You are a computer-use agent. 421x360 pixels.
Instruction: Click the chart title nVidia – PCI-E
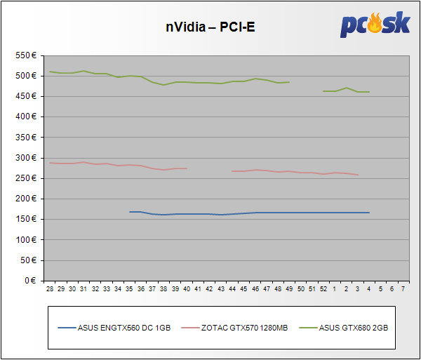pyautogui.click(x=210, y=27)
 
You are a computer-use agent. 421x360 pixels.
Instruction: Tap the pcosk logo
pyautogui.click(x=375, y=25)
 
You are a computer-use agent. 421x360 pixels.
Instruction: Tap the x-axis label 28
pyautogui.click(x=50, y=288)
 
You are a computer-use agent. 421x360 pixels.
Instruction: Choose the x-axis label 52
pyautogui.click(x=323, y=288)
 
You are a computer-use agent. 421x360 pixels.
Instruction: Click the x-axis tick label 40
pyautogui.click(x=186, y=288)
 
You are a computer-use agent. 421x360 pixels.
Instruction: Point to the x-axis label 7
pyautogui.click(x=403, y=288)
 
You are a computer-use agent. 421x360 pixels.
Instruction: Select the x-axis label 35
pyautogui.click(x=129, y=288)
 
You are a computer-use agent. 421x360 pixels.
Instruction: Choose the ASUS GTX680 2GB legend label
pyautogui.click(x=354, y=327)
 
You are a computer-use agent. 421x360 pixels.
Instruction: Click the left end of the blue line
pyautogui.click(x=130, y=211)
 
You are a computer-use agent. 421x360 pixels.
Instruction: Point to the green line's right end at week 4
pyautogui.click(x=368, y=92)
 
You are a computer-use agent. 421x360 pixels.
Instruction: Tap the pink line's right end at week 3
pyautogui.click(x=357, y=175)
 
